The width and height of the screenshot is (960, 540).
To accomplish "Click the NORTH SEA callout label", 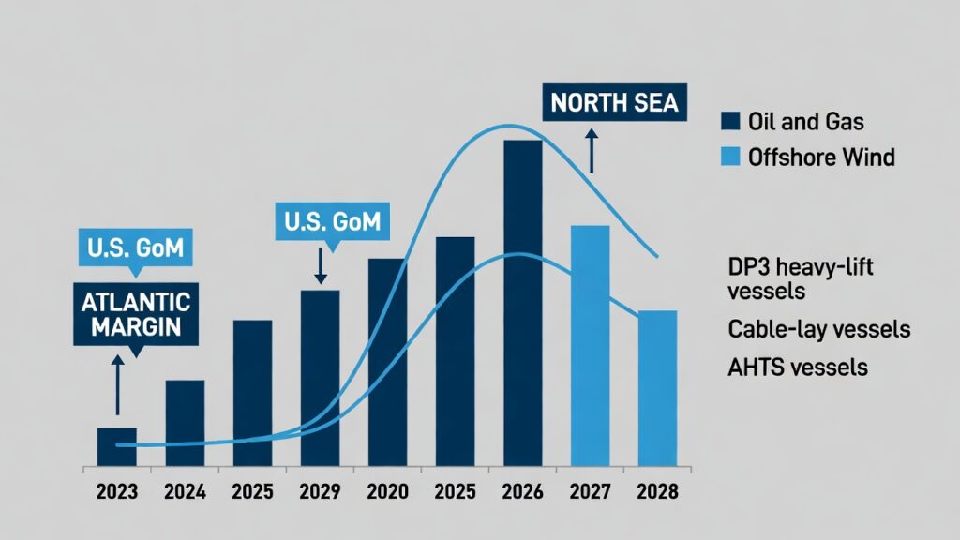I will [x=614, y=102].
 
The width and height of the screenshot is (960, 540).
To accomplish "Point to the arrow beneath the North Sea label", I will [x=592, y=150].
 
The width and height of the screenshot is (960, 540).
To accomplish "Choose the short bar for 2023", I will [x=117, y=446].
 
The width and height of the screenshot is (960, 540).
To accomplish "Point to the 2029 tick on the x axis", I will [x=320, y=491].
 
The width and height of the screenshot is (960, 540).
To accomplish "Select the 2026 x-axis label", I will [x=522, y=491].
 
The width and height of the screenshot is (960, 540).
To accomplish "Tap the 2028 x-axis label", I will [x=657, y=491].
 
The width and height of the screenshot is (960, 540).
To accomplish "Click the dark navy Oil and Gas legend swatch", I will [x=731, y=121].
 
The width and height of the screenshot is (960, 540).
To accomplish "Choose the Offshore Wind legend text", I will [x=821, y=157].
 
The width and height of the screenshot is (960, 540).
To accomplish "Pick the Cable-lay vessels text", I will [x=818, y=329].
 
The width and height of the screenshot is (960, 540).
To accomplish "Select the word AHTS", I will [x=755, y=367].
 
